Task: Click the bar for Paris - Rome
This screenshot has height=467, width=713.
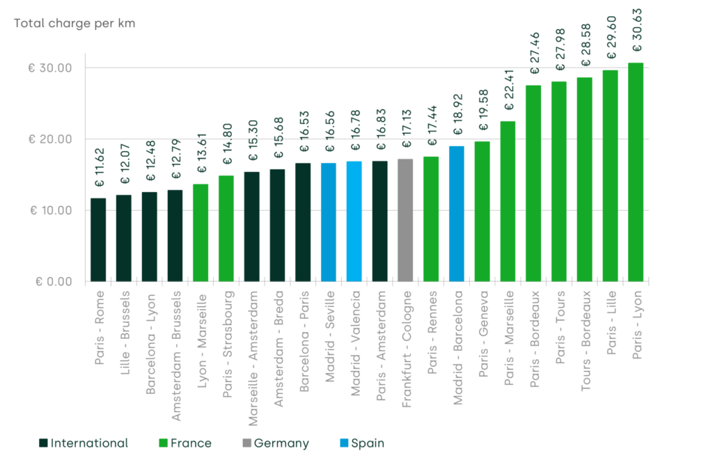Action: pyautogui.click(x=98, y=239)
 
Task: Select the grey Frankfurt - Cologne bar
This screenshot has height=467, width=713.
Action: pyautogui.click(x=405, y=220)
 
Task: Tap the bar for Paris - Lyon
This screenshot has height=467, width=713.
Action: pyautogui.click(x=636, y=172)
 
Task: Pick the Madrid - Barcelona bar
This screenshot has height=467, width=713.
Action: pyautogui.click(x=457, y=214)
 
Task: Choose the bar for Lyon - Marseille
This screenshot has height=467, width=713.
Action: pyautogui.click(x=201, y=233)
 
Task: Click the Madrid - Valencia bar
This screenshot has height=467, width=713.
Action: pyautogui.click(x=354, y=221)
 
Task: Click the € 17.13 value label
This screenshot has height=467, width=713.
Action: pyautogui.click(x=407, y=128)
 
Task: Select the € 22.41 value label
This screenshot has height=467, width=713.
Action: pyautogui.click(x=509, y=90)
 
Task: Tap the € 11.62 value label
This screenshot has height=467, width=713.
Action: pyautogui.click(x=100, y=167)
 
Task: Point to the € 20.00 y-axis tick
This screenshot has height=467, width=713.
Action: pyautogui.click(x=50, y=139)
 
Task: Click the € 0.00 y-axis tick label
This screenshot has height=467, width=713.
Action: pyautogui.click(x=54, y=282)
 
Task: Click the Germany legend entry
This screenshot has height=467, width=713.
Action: pyautogui.click(x=276, y=443)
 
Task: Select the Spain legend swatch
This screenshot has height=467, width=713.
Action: pyautogui.click(x=344, y=443)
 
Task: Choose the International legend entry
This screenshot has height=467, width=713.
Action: pyautogui.click(x=84, y=443)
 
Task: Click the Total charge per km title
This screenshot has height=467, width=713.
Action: pyautogui.click(x=75, y=23)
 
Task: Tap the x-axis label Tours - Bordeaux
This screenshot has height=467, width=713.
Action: pyautogui.click(x=586, y=341)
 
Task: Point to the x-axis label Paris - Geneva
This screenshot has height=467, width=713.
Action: pyautogui.click(x=483, y=334)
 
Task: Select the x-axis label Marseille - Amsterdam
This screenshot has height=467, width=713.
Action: pyautogui.click(x=253, y=358)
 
